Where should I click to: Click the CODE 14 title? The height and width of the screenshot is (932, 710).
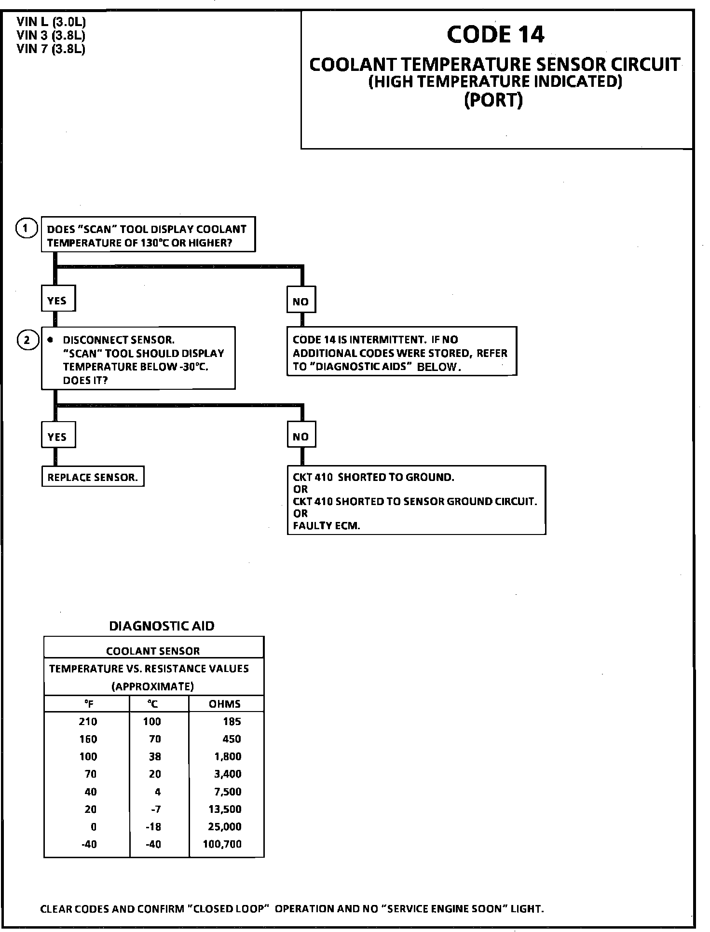click(x=495, y=34)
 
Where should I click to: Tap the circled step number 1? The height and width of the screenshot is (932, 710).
click(x=27, y=228)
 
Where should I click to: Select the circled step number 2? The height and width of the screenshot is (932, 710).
click(x=27, y=340)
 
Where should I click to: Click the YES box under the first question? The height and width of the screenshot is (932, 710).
click(x=57, y=301)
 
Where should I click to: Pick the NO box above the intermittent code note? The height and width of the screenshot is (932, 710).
click(x=300, y=302)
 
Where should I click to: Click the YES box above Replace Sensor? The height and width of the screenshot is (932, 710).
click(x=57, y=437)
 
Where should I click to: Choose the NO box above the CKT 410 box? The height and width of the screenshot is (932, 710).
click(x=300, y=437)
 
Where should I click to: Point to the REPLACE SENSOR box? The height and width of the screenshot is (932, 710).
click(x=93, y=478)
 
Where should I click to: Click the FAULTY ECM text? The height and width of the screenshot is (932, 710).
click(x=327, y=526)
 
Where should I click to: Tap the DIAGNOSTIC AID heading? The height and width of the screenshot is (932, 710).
click(x=162, y=626)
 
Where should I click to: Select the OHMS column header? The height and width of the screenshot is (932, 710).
click(x=225, y=704)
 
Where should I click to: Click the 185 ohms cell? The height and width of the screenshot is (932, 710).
click(x=232, y=722)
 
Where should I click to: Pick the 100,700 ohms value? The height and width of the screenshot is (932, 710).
click(x=222, y=844)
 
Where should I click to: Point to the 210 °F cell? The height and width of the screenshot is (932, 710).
click(x=88, y=722)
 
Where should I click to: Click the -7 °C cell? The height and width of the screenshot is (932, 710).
click(x=156, y=809)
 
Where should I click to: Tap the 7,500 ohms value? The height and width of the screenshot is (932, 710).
click(x=228, y=792)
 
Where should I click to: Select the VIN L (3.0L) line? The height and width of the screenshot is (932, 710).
click(x=51, y=22)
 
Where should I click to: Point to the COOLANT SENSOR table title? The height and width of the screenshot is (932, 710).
click(x=153, y=651)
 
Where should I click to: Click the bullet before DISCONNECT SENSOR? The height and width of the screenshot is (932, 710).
click(x=50, y=340)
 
